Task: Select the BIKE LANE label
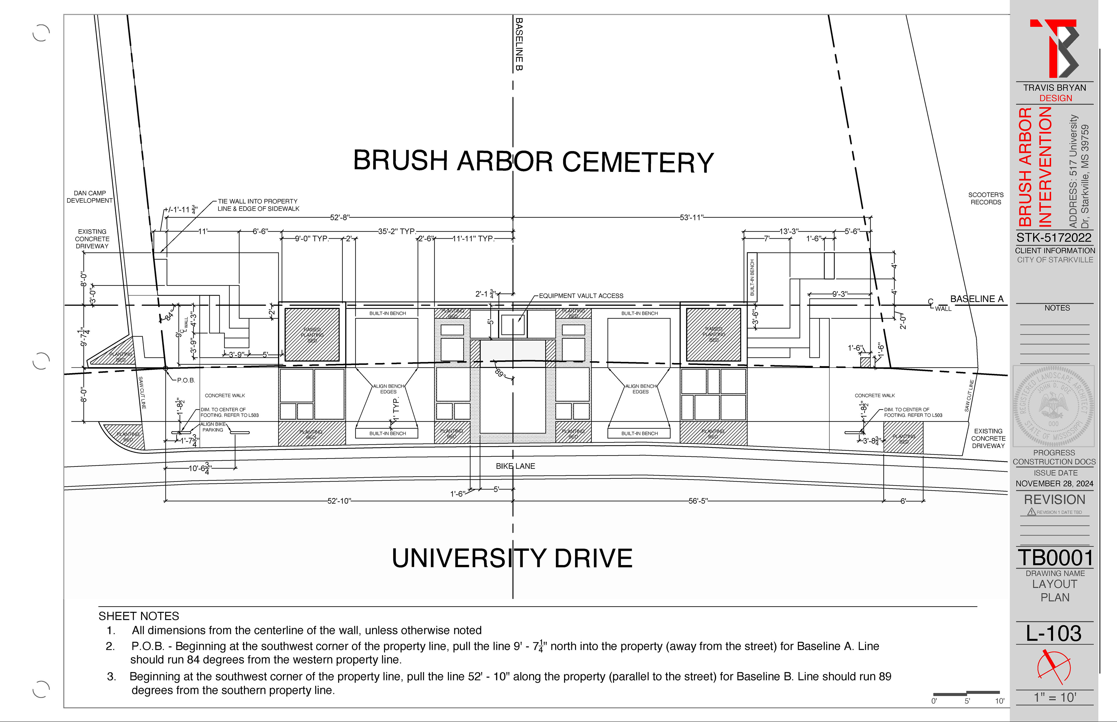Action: click(x=515, y=466)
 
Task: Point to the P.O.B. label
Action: click(x=186, y=380)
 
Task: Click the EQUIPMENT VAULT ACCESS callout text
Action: click(x=581, y=296)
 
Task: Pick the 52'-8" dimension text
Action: click(x=340, y=217)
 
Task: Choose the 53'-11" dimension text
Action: click(x=691, y=217)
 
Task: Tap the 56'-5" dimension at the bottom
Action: click(x=698, y=501)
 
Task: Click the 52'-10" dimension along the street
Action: click(x=339, y=501)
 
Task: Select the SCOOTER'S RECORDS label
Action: click(x=986, y=198)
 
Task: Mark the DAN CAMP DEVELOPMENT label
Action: click(x=90, y=197)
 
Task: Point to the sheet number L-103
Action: click(x=1054, y=633)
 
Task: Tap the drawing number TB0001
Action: click(x=1055, y=558)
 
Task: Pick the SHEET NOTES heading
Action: click(x=139, y=616)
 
